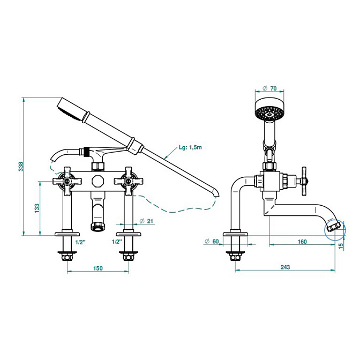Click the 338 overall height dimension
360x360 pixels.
[21, 167]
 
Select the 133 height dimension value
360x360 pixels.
[37, 208]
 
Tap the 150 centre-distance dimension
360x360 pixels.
[98, 268]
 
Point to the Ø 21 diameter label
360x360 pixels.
[146, 221]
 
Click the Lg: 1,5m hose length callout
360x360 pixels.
[190, 147]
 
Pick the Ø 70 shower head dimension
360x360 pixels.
[269, 88]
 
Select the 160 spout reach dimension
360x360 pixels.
[302, 242]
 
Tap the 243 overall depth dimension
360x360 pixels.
[285, 267]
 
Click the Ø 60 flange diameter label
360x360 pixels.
[212, 241]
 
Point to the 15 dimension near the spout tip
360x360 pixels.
[341, 245]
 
